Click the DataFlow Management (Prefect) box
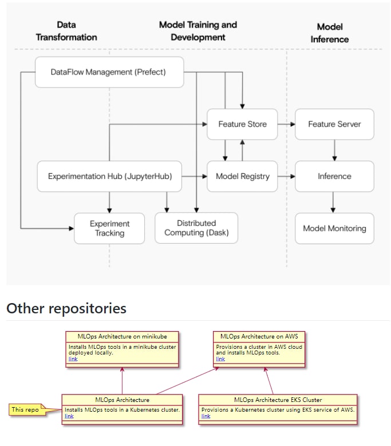[x=109, y=72]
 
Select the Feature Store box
[x=242, y=124]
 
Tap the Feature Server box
[x=334, y=124]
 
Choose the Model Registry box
[x=242, y=176]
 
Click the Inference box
[x=334, y=176]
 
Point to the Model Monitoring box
[x=334, y=228]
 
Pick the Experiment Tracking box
[x=109, y=228]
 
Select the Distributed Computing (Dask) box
[x=196, y=228]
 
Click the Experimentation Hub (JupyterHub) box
[x=109, y=176]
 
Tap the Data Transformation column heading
[x=66, y=31]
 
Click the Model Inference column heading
[x=330, y=33]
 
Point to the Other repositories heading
[x=66, y=308]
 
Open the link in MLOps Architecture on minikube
[x=73, y=359]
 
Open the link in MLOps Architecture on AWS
[x=220, y=359]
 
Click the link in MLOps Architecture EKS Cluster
[x=206, y=416]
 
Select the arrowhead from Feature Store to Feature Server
[x=293, y=124]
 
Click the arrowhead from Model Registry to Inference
[x=293, y=176]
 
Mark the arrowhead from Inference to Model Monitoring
[x=333, y=210]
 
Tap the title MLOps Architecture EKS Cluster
[x=278, y=400]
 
